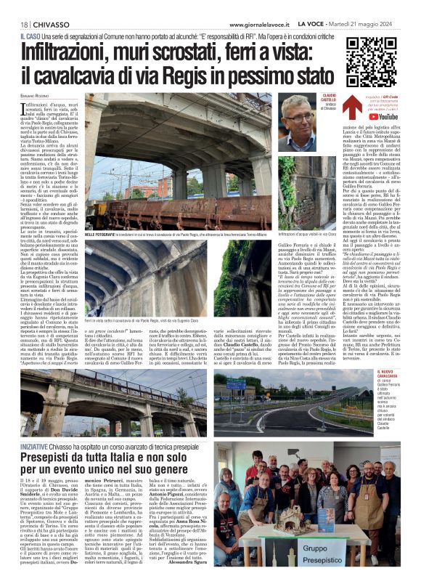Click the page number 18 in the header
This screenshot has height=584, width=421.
pos(24,24)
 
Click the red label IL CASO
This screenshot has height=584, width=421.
pos(30,36)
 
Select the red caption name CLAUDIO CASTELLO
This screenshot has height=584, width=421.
pos(330,99)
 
